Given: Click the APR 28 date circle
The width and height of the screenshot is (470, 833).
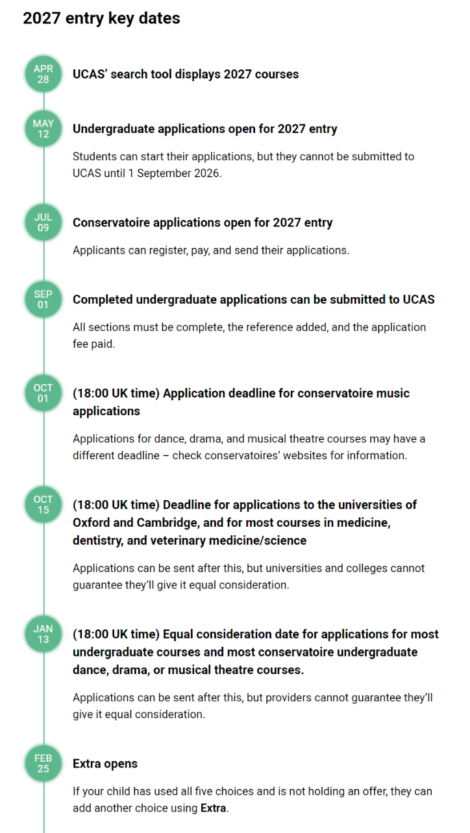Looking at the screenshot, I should pos(43,74).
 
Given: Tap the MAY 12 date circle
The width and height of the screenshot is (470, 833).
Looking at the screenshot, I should pos(43,128).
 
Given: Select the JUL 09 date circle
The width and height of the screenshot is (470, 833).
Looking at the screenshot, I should pos(43,223).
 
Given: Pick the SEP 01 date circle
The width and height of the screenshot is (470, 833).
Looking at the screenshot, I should pos(43,300).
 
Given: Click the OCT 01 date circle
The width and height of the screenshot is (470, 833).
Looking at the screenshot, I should pos(43,393).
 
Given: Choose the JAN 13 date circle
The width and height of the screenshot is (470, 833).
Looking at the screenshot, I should pos(43,634).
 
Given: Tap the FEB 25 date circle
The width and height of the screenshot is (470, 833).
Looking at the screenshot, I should pos(43,764).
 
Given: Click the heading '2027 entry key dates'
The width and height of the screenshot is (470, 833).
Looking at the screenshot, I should pos(101,18).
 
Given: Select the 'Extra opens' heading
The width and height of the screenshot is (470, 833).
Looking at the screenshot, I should pos(105,764).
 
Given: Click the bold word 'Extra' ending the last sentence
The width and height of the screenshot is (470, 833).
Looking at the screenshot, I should pos(214,808).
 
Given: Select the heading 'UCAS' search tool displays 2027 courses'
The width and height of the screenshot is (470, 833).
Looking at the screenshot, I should pos(186,74).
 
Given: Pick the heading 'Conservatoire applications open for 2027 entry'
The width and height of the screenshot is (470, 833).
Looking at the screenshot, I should pos(203,223).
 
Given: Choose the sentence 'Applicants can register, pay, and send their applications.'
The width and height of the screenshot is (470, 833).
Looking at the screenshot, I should pos(211,250).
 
